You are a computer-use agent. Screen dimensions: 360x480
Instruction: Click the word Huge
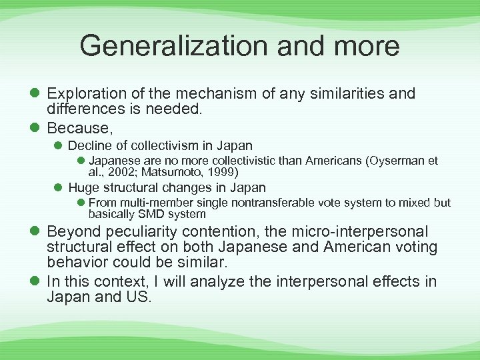83,188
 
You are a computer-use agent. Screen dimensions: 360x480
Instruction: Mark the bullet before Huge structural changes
59,188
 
